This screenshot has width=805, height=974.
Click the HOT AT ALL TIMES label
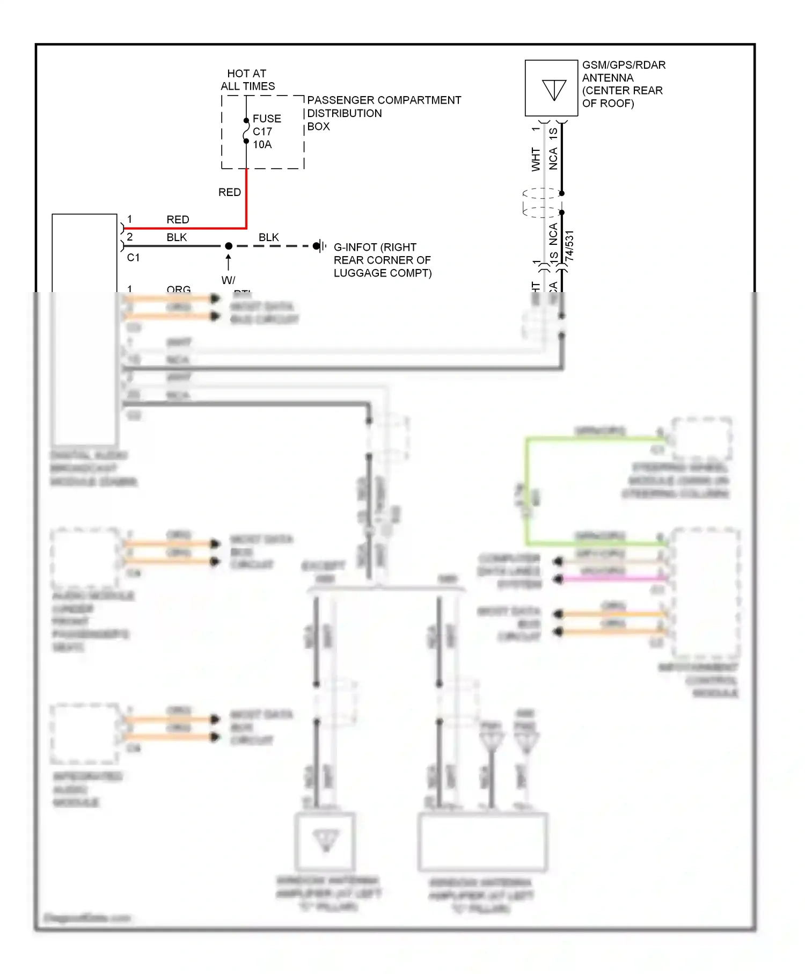click(x=247, y=79)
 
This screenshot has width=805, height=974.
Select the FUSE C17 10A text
click(x=266, y=132)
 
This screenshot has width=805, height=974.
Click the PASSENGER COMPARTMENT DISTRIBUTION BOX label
click(x=383, y=113)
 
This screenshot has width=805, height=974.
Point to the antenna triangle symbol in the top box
click(x=554, y=90)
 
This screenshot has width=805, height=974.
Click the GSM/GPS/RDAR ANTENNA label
click(x=623, y=84)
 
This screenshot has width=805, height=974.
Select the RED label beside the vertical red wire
click(x=229, y=192)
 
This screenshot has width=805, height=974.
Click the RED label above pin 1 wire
click(x=178, y=220)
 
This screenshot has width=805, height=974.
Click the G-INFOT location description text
click(x=382, y=260)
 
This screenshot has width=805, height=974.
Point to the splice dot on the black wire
click(x=229, y=246)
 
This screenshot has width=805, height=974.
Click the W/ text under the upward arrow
click(x=228, y=280)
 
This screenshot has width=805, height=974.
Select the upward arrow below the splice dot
click(x=229, y=263)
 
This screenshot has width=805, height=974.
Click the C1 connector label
click(x=133, y=258)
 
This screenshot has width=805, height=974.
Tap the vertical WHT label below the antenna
click(x=536, y=159)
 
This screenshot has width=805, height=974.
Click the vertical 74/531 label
click(x=569, y=246)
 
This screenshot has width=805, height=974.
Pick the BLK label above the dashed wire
click(x=268, y=237)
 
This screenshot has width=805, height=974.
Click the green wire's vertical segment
click(x=527, y=491)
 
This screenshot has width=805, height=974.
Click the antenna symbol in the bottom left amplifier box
click(x=325, y=840)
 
